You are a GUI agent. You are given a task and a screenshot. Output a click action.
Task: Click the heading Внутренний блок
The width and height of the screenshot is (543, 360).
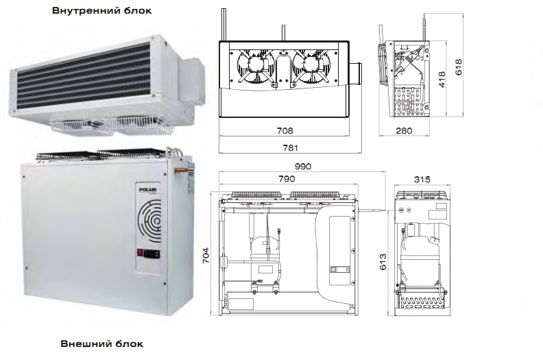click(x=101, y=10)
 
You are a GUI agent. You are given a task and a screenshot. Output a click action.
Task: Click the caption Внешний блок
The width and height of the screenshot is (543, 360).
click(x=101, y=344)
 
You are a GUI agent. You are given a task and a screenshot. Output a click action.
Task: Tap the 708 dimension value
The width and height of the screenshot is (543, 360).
click(x=285, y=130)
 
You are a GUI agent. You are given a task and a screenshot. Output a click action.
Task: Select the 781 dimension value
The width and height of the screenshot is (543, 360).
click(x=290, y=148)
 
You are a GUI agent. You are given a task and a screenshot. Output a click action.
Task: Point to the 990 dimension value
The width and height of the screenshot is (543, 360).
click(x=303, y=167)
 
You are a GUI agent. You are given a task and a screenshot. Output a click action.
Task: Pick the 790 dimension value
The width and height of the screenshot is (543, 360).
click(x=287, y=179)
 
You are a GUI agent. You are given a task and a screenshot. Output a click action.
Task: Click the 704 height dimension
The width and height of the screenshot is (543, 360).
click(x=206, y=255)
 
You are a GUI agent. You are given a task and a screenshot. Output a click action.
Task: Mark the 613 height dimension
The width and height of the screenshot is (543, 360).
click(x=383, y=261)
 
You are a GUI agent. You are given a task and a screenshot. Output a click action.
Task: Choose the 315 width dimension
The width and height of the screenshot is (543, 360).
click(x=422, y=180)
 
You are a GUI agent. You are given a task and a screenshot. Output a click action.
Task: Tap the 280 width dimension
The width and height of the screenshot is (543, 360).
click(x=404, y=130)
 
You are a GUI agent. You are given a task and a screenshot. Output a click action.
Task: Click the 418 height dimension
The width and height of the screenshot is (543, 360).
click(x=442, y=80)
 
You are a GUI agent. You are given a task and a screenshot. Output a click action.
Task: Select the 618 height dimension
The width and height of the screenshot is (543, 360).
click(x=459, y=67)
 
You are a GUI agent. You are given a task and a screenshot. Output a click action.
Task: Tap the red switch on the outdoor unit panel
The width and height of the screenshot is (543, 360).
click(x=140, y=252)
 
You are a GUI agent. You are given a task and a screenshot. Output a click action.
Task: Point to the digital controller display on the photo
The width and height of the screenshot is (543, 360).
click(x=152, y=253)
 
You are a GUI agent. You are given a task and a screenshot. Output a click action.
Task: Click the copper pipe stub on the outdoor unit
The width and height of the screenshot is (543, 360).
click(x=180, y=169)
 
